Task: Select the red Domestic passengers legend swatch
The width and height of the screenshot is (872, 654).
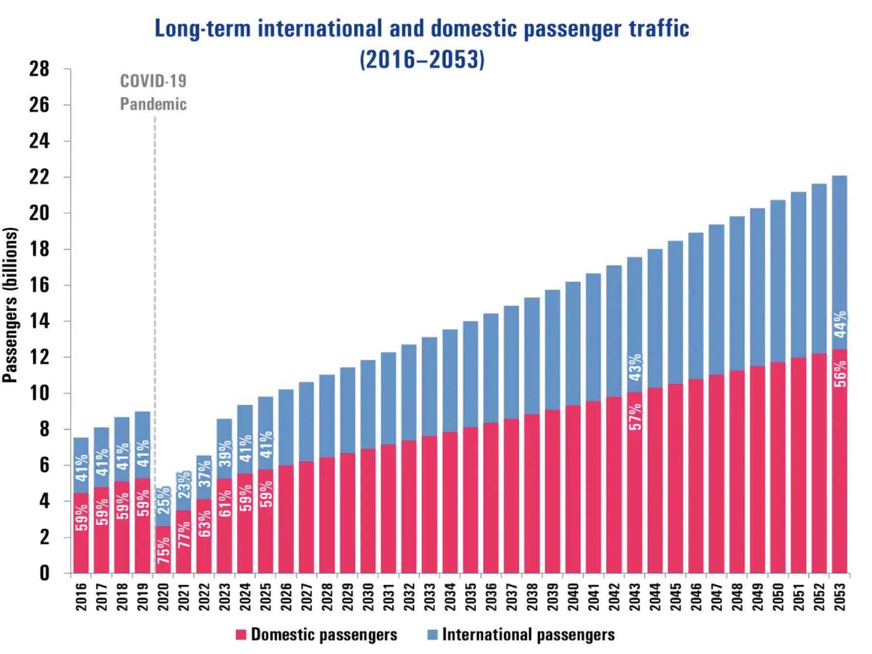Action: (x=241, y=634)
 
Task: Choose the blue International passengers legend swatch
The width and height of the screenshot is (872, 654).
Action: (x=432, y=634)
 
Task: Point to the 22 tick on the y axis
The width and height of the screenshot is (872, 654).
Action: (x=39, y=177)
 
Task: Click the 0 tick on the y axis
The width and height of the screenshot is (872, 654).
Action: (x=44, y=573)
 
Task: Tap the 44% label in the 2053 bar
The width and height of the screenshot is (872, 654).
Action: (x=840, y=324)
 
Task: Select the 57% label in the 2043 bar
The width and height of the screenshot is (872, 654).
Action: (x=635, y=417)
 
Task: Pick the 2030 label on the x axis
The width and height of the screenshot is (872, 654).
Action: (x=368, y=596)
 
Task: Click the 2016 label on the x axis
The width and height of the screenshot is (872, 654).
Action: (x=81, y=596)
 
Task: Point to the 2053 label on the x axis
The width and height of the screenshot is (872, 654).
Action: (x=840, y=596)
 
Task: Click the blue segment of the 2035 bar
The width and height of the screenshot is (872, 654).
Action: (x=471, y=374)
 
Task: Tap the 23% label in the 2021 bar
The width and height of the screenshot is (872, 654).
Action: (x=184, y=485)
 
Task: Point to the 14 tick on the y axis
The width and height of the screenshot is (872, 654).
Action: (x=39, y=321)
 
